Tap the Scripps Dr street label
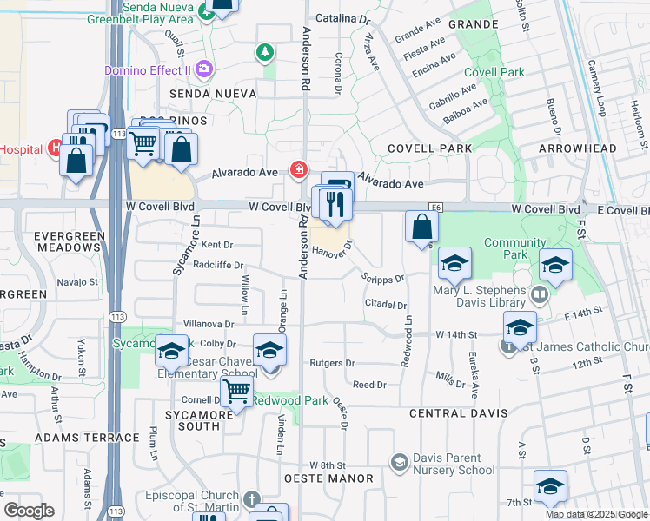pyautogui.click(x=383, y=278)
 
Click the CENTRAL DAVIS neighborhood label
pyautogui.click(x=454, y=413)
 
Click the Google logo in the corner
pyautogui.click(x=30, y=510)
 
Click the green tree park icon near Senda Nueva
pyautogui.click(x=264, y=54)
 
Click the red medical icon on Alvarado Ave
pyautogui.click(x=299, y=168)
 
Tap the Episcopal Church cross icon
pyautogui.click(x=251, y=501)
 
